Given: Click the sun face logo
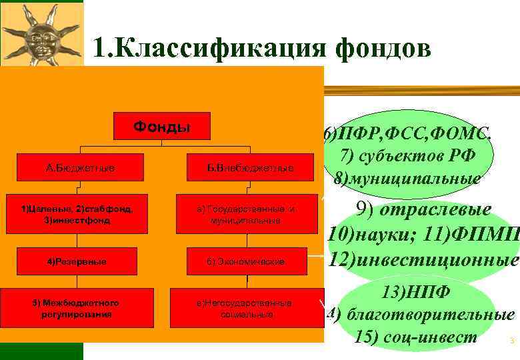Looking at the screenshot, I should point(42,34).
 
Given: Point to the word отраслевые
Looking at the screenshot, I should point(444,210).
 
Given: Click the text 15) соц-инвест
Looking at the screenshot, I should point(417,337).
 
